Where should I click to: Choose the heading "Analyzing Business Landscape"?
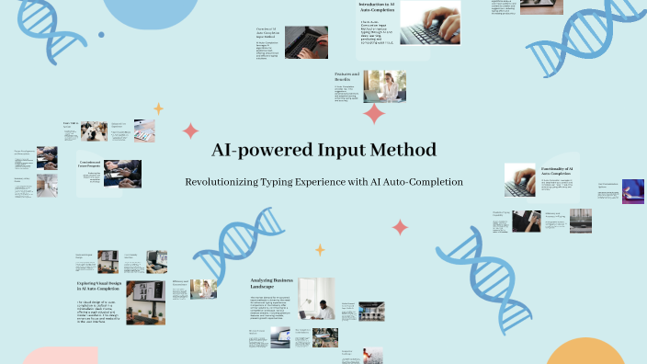[274, 285]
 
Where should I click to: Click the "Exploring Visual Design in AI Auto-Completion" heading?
[97, 288]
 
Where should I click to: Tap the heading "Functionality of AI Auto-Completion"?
[558, 171]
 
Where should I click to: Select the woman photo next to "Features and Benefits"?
[385, 86]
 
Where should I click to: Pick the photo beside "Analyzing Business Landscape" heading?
[315, 299]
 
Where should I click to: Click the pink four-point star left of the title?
[191, 131]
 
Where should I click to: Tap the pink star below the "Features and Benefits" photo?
[374, 114]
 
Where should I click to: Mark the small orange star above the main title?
[158, 108]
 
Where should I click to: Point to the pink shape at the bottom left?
[60, 357]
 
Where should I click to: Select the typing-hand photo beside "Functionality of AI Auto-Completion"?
[520, 180]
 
